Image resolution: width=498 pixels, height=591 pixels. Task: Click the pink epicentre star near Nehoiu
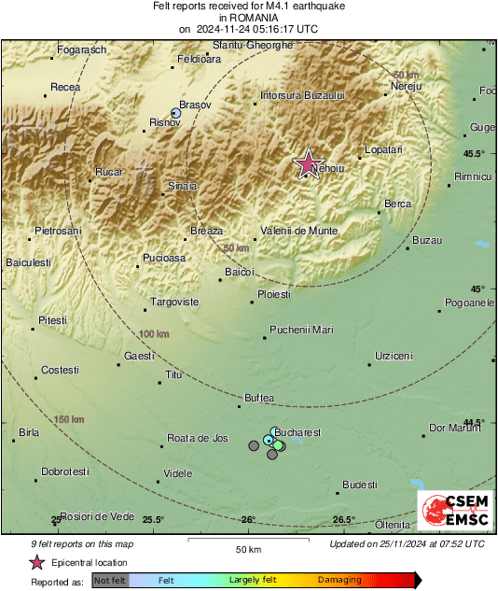coord(307,164)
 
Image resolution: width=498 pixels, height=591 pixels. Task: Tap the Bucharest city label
coord(299,433)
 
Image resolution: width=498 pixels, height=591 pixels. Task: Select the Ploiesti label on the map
coord(274,294)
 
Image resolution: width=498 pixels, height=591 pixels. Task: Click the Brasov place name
coord(196,106)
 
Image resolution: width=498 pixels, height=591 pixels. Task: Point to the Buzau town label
coord(426,241)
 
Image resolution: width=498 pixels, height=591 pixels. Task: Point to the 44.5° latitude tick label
coord(475,422)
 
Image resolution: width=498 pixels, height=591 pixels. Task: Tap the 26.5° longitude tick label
coord(343,520)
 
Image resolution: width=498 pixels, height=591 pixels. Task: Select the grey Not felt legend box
coord(110,581)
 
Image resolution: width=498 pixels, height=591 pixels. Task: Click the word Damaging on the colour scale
coord(340,581)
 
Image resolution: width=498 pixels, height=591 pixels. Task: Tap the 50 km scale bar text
coord(247,548)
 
